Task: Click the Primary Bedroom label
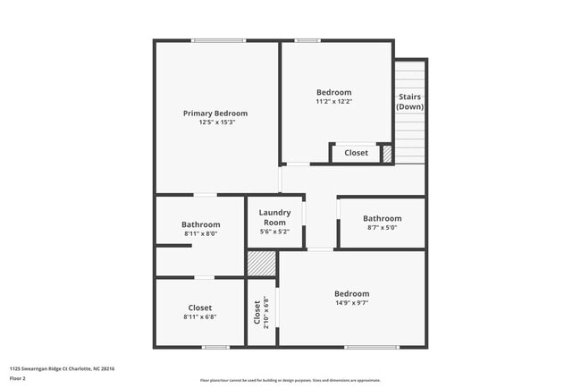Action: pos(215,114)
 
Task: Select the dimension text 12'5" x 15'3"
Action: pos(215,122)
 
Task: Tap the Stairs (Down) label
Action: pos(410,102)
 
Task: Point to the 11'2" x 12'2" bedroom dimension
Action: pos(334,101)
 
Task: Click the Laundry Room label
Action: pos(274,217)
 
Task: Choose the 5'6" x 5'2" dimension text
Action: pos(274,232)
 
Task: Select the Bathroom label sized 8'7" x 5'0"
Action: pos(382,218)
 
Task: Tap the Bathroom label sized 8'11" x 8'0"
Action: pos(200,224)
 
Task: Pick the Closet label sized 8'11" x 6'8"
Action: pos(200,308)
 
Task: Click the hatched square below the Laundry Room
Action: pos(261,264)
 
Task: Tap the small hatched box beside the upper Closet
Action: pos(387,154)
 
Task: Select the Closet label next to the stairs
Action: pos(356,153)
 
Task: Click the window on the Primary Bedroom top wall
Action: pos(219,40)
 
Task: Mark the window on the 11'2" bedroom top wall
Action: pos(308,40)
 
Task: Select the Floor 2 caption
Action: pos(18,378)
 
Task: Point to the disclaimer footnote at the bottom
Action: pos(290,380)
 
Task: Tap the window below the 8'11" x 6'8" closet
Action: pos(215,347)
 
